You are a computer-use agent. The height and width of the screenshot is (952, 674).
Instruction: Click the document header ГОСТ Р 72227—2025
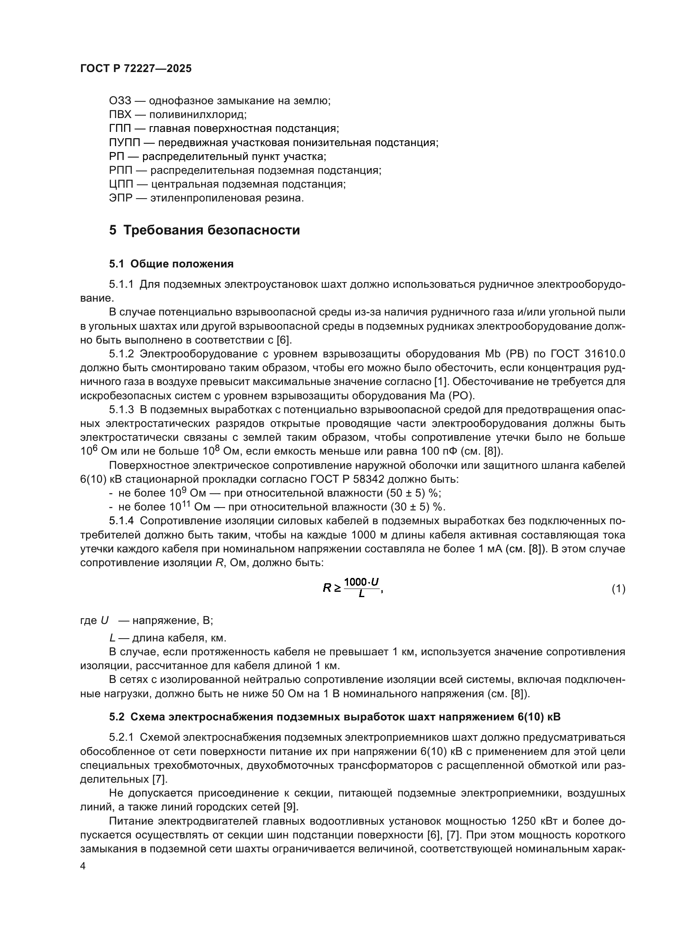(x=136, y=69)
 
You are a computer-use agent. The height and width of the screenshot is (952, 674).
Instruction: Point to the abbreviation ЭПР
(x=120, y=198)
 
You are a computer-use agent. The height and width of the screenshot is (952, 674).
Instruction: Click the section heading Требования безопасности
(x=211, y=230)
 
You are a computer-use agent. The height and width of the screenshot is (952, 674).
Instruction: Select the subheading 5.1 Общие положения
(x=171, y=264)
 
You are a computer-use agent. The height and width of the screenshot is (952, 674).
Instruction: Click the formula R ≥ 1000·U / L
(x=352, y=588)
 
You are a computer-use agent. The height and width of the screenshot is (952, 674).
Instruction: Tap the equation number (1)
(x=618, y=589)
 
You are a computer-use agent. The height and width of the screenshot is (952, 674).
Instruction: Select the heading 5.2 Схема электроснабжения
(x=335, y=716)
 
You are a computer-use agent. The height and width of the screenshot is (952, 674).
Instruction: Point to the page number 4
(x=83, y=866)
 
